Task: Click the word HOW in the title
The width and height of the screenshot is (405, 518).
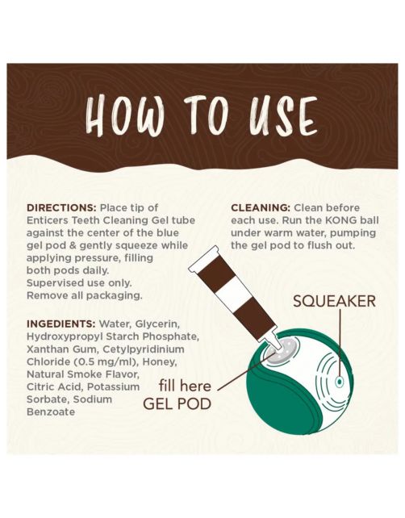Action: tap(125, 115)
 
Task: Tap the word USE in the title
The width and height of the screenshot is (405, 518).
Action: tap(283, 116)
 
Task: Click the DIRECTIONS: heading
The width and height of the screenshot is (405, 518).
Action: tap(61, 208)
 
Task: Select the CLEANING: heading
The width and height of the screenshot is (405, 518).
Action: tap(261, 208)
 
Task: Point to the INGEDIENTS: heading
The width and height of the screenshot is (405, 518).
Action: tap(61, 324)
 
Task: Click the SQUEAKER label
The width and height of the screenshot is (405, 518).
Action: tap(334, 301)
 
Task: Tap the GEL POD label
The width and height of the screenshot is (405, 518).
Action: tap(177, 403)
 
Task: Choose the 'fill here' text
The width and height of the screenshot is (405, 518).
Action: tap(185, 386)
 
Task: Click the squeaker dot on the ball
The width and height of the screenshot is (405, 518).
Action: tap(340, 382)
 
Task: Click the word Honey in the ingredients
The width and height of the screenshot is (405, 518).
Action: tap(159, 362)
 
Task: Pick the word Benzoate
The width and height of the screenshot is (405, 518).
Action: tap(51, 412)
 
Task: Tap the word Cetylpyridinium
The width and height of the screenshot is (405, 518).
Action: tap(144, 349)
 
